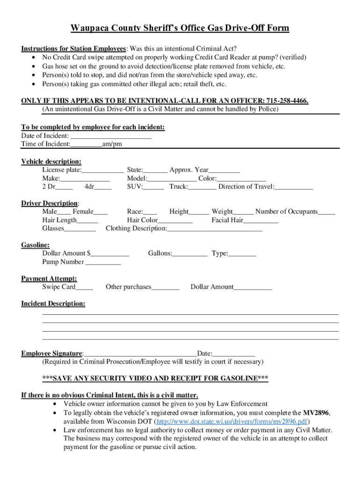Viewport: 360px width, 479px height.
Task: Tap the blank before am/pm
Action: click(x=86, y=144)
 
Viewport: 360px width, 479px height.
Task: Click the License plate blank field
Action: click(x=103, y=170)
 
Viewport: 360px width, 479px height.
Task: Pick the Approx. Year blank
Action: click(x=224, y=170)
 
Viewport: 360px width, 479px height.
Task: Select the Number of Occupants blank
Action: click(x=326, y=212)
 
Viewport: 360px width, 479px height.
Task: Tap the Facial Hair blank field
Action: click(x=260, y=220)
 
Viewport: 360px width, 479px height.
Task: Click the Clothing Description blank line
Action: click(x=215, y=229)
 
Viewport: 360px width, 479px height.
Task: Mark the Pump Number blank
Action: click(x=103, y=262)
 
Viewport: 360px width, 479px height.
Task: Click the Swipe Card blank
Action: click(x=84, y=287)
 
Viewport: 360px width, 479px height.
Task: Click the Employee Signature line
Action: click(x=140, y=354)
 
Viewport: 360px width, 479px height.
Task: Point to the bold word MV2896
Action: click(x=316, y=413)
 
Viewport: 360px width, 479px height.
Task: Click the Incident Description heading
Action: click(x=53, y=304)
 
